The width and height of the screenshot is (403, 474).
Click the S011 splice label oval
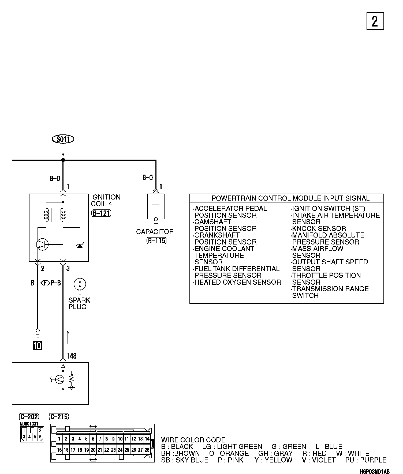point(63,139)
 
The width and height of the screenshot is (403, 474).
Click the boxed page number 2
point(375,21)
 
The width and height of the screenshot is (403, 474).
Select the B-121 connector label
point(101,213)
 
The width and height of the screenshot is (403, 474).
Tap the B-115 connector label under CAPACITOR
point(156,240)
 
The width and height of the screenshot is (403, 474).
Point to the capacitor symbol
point(156,207)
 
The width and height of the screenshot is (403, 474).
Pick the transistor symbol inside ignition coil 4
point(42,244)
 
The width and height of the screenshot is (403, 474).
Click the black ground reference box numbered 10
point(38,346)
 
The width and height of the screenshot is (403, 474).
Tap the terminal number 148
point(72,356)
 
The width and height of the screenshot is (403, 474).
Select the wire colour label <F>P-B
point(51,283)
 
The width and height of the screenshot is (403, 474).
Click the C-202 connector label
point(29,417)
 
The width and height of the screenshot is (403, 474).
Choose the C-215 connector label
point(59,417)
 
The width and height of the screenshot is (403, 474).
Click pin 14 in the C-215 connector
point(147,439)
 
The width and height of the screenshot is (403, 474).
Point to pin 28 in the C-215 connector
point(147,450)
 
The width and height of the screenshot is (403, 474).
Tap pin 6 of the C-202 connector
point(40,437)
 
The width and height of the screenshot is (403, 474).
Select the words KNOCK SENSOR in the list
point(319,229)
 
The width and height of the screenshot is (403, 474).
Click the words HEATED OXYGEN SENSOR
point(238,282)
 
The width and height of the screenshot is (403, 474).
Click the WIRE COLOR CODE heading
point(193,440)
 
